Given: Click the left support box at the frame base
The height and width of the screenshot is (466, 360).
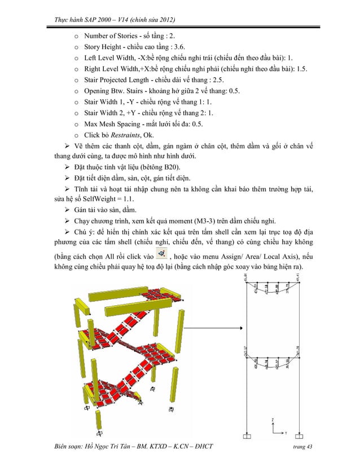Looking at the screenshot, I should click(x=247, y=436).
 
